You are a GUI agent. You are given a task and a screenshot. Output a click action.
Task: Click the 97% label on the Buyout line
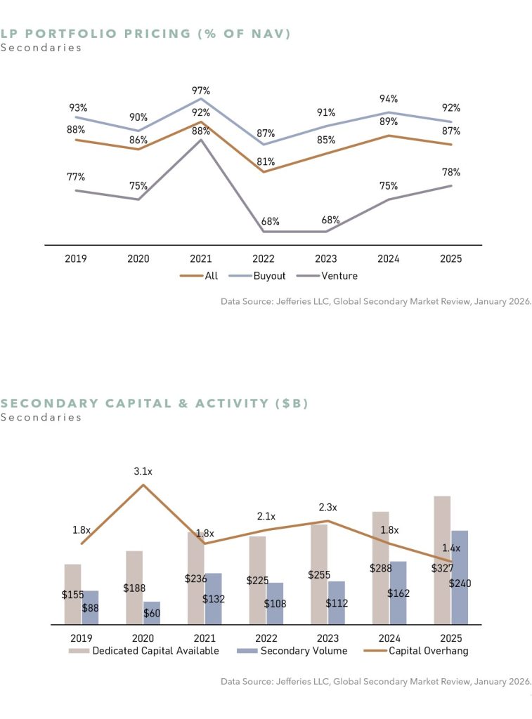coord(201,91)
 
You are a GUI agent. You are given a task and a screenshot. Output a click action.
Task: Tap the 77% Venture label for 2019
coord(76,177)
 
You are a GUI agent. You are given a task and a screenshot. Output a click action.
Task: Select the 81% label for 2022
coord(266,161)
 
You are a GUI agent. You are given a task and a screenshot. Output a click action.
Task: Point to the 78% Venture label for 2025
coord(451,172)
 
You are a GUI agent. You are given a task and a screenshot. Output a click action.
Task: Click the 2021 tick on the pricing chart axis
coord(201,258)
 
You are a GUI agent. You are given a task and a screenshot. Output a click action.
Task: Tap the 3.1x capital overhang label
coord(144,472)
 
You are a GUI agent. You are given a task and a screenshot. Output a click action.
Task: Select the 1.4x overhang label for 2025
coord(451,548)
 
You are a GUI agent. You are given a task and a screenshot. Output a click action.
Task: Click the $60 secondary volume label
coord(152,614)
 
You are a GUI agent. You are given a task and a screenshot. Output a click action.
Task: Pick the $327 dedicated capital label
coord(442,569)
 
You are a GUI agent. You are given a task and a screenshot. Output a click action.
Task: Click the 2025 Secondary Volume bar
coord(460,577)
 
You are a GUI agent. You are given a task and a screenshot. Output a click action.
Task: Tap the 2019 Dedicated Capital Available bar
coord(72,593)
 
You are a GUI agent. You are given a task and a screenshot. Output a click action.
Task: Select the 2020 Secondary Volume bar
coord(152,612)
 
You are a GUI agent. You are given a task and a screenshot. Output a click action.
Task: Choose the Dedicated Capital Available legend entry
coord(143,650)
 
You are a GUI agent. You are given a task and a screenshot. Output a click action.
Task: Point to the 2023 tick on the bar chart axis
coord(327,638)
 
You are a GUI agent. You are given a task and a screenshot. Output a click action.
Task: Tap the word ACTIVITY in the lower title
coord(226,403)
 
